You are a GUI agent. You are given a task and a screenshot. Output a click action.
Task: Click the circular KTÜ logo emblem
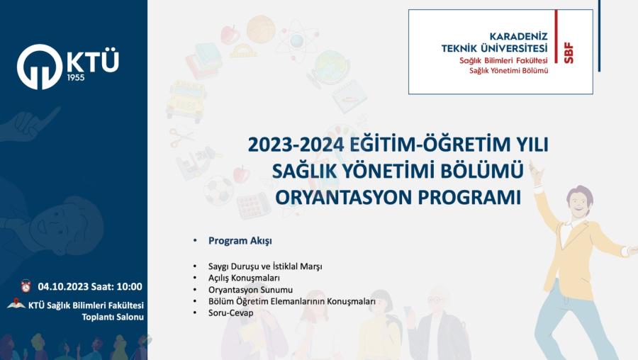(40, 67)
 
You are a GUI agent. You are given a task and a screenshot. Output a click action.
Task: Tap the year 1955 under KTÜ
(76, 77)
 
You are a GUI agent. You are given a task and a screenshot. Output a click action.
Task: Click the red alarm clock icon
(26, 286)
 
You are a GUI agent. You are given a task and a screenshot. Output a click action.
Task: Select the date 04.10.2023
(63, 286)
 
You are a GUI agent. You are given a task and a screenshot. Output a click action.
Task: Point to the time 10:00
(130, 286)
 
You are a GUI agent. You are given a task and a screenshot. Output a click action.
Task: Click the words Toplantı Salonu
(113, 317)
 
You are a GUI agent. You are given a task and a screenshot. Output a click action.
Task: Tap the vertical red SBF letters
(569, 53)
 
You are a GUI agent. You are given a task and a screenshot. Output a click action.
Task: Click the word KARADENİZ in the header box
(518, 37)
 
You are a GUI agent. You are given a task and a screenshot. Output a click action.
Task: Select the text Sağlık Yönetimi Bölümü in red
(508, 71)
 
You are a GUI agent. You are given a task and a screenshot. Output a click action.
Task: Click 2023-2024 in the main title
(296, 145)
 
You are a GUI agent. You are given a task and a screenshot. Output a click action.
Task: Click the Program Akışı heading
(240, 241)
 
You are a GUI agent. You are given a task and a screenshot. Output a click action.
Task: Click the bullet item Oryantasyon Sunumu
(251, 290)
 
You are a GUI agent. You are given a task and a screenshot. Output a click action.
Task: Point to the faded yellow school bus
(186, 101)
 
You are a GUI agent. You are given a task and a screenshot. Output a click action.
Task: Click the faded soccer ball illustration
(218, 189)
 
